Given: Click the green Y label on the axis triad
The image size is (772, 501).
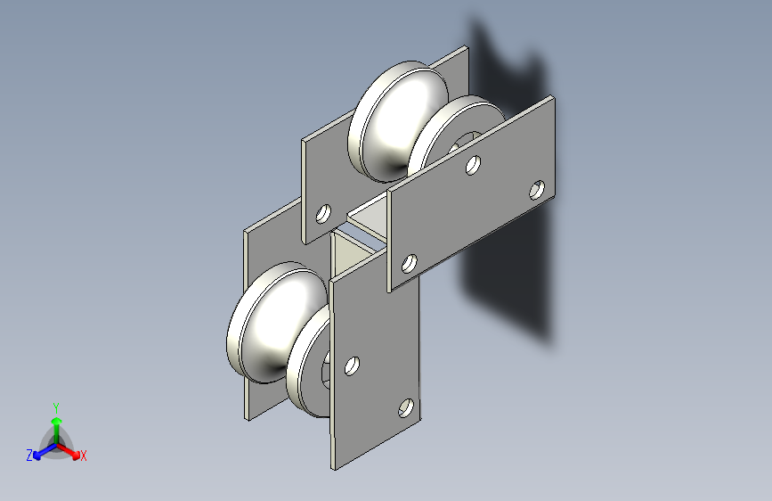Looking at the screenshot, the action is (x=56, y=408).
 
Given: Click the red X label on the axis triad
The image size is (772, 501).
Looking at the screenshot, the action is (x=83, y=456).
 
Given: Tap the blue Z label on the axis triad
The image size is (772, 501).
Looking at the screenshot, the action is (x=29, y=456).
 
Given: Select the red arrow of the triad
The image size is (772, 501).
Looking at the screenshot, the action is (x=69, y=451).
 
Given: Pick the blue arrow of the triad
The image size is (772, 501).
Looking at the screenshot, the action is (x=45, y=451).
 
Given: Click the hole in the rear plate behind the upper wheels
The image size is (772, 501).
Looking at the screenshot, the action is (x=323, y=214).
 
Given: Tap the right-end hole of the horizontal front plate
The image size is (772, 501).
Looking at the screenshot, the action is (x=537, y=190).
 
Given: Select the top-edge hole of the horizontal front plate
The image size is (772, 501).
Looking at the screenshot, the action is (x=473, y=165).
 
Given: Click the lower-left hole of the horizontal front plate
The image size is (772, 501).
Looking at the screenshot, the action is (x=409, y=263).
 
